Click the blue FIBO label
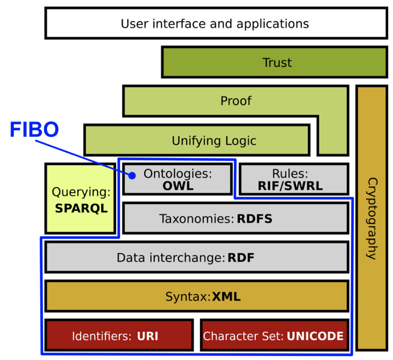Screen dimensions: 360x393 pyautogui.click(x=34, y=130)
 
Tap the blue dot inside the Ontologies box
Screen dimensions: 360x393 pyautogui.click(x=132, y=175)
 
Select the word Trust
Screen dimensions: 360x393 pyautogui.click(x=277, y=63)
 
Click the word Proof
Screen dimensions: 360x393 pyautogui.click(x=236, y=101)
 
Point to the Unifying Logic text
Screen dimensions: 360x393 pyautogui.click(x=214, y=141)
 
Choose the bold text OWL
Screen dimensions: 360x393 pyautogui.click(x=177, y=186)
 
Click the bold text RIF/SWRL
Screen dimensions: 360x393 pyautogui.click(x=290, y=186)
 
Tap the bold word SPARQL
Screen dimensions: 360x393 pyautogui.click(x=81, y=208)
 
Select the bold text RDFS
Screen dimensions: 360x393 pyautogui.click(x=254, y=218)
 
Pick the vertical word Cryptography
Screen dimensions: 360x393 pyautogui.click(x=371, y=218)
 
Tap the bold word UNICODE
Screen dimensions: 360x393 pyautogui.click(x=315, y=336)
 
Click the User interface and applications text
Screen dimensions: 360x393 pyautogui.click(x=215, y=23)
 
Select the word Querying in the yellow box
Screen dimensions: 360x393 pyautogui.click(x=81, y=192)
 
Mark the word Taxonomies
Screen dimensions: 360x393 pyautogui.click(x=196, y=218)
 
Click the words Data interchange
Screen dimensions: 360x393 pyautogui.click(x=170, y=258)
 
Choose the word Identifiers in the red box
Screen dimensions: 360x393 pyautogui.click(x=101, y=336)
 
